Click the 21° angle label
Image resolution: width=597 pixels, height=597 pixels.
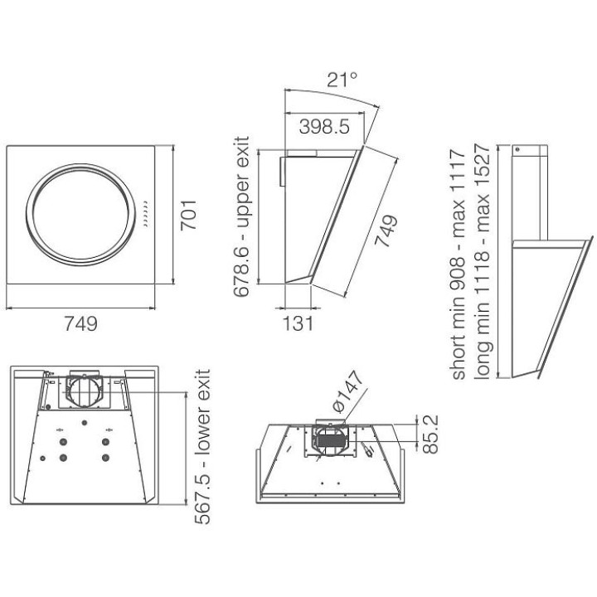pos(342,80)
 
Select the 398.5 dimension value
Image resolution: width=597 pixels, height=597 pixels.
pos(324,126)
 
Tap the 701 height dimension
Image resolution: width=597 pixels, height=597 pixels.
pos(188,215)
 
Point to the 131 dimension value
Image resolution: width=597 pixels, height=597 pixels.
pos(298,323)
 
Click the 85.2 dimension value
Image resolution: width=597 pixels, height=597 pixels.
pos(430,434)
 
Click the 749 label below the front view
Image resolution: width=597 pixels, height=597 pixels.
pos(80,324)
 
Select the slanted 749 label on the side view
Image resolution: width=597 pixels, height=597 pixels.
pos(386,231)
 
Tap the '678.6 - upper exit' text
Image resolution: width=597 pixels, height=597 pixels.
pos(241,216)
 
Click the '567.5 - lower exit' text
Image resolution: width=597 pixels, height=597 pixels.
pos(202,446)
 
